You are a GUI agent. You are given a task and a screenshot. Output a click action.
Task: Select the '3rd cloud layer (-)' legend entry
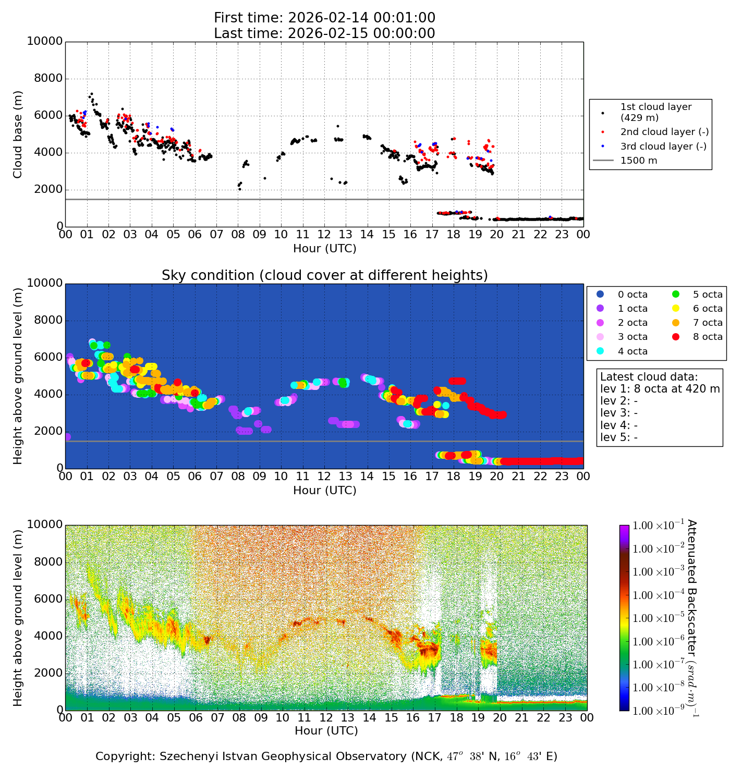pyautogui.click(x=663, y=146)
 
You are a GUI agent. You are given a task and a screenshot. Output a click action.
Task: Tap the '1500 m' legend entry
pyautogui.click(x=639, y=161)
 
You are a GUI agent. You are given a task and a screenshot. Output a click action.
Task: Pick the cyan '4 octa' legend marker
pyautogui.click(x=600, y=351)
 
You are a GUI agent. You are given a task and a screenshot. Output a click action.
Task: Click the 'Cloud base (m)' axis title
pyautogui.click(x=18, y=134)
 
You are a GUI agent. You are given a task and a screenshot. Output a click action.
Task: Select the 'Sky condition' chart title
pyautogui.click(x=324, y=275)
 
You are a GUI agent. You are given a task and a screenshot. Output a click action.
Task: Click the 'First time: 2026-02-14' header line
pyautogui.click(x=324, y=18)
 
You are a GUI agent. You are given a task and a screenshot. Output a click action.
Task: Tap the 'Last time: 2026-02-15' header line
pyautogui.click(x=324, y=33)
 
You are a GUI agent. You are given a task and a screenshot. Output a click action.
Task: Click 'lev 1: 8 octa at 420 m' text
pyautogui.click(x=660, y=389)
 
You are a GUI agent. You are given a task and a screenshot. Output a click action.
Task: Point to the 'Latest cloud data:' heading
pyautogui.click(x=649, y=377)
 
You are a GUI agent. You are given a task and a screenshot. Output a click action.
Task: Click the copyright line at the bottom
pyautogui.click(x=326, y=756)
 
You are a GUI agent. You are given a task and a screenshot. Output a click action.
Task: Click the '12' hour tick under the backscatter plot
pyautogui.click(x=326, y=718)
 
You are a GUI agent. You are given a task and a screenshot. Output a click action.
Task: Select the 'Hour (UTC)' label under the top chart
pyautogui.click(x=324, y=249)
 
